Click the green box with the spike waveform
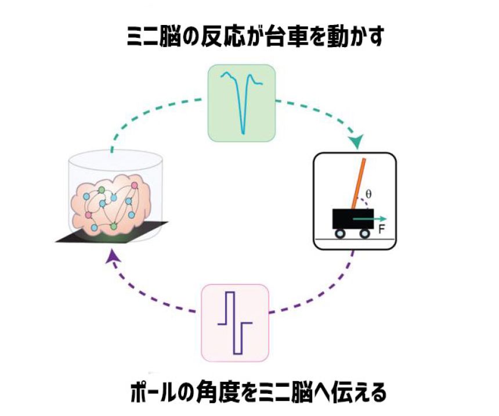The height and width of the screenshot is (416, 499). click(241, 103)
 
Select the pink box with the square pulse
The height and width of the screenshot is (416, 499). click(234, 323)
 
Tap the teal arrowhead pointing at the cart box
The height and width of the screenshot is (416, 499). click(356, 141)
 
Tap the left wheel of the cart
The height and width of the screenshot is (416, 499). click(340, 234)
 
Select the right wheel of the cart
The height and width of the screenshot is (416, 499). click(364, 234)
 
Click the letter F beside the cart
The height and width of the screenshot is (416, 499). click(381, 229)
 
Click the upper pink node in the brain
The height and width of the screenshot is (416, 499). click(135, 185)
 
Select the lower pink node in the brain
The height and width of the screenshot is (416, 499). click(89, 215)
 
